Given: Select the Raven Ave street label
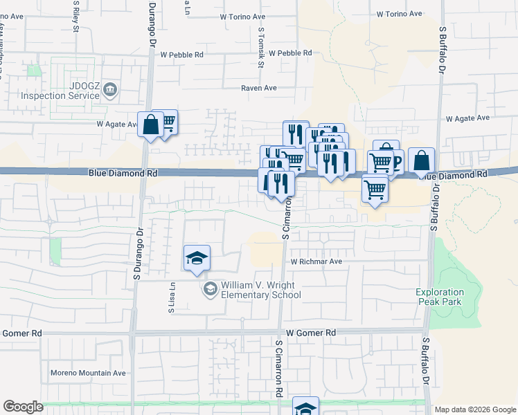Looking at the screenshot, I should [x=258, y=88].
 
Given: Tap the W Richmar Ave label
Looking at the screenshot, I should [x=316, y=262].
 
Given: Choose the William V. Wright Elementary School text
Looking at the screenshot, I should [x=260, y=290].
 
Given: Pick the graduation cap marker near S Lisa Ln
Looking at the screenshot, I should [x=197, y=259].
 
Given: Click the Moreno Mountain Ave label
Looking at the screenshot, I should [x=88, y=373].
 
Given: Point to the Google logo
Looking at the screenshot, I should [x=23, y=407].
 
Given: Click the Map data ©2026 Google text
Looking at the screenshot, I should [x=474, y=409].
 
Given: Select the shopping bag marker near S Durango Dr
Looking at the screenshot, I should [x=150, y=125].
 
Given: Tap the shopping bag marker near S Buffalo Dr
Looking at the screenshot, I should [x=421, y=161].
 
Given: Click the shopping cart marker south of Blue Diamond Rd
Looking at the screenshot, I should [x=375, y=188].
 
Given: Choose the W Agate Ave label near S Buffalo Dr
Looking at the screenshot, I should [x=467, y=119].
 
